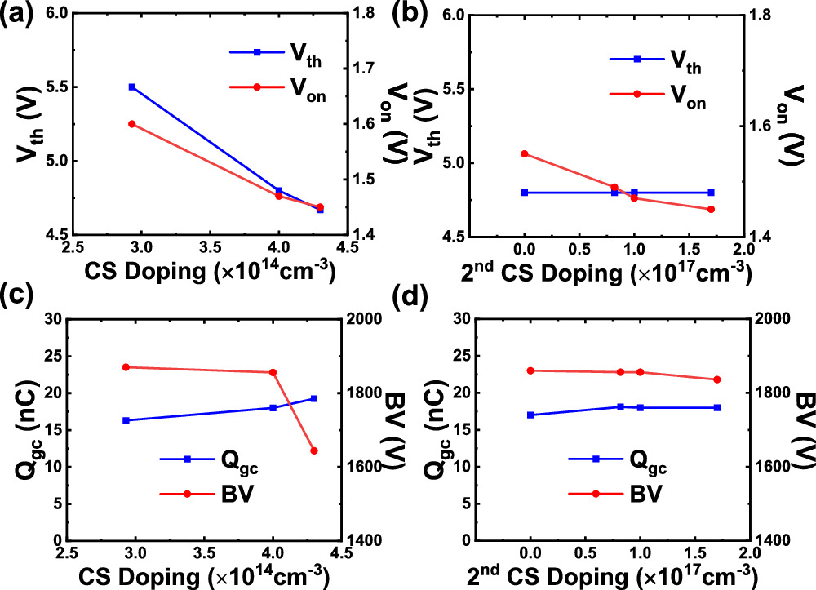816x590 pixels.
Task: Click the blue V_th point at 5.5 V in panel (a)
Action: (x=132, y=87)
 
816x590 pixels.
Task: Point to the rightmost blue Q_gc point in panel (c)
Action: (x=314, y=398)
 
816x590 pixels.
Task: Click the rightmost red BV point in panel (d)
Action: (x=717, y=379)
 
